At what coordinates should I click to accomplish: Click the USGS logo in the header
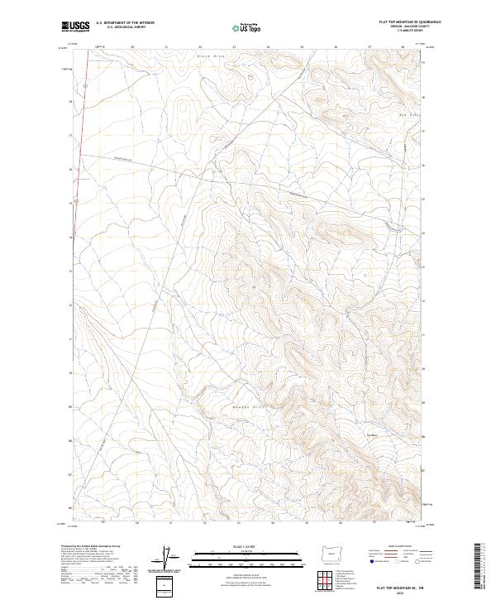click(x=76, y=27)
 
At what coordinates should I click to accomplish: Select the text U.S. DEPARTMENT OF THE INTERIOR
click(x=125, y=23)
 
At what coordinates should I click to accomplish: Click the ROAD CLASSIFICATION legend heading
click(x=399, y=546)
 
